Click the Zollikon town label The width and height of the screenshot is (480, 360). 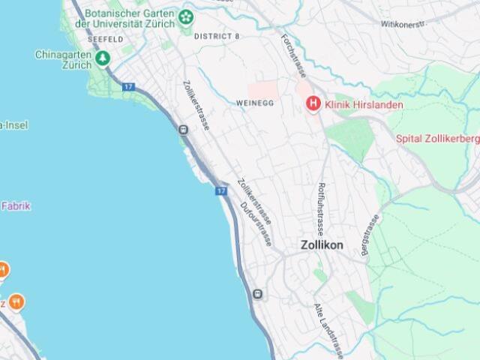click(322, 245)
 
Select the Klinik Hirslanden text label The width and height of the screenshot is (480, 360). click(364, 105)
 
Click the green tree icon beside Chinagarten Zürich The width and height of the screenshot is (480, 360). click(102, 58)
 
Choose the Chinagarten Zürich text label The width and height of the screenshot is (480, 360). click(63, 59)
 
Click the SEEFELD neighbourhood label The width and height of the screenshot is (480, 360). click(105, 38)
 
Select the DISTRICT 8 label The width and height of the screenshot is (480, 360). click(217, 36)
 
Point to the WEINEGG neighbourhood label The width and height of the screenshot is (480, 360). click(250, 103)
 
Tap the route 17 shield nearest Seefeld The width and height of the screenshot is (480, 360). click(128, 88)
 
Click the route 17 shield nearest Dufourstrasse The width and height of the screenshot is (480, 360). click(220, 191)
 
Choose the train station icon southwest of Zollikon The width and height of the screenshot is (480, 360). click(259, 294)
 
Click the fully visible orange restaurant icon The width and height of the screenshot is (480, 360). click(16, 301)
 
